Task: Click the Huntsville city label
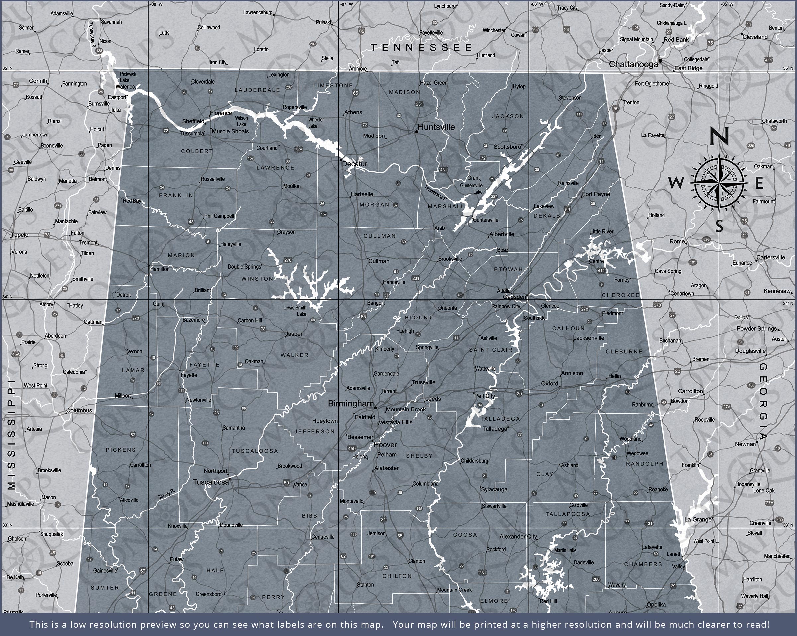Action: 436,127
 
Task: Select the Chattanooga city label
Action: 633,64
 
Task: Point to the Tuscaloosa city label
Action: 211,482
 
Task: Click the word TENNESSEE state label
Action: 421,47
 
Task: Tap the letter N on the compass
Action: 719,136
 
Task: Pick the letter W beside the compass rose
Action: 676,182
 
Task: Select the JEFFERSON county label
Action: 314,431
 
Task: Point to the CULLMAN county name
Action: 379,236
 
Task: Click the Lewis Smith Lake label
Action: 295,311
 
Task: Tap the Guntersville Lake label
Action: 471,189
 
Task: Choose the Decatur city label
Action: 355,164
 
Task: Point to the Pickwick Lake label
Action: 128,77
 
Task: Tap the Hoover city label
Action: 385,445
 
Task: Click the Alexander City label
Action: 518,537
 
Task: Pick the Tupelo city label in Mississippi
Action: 20,235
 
